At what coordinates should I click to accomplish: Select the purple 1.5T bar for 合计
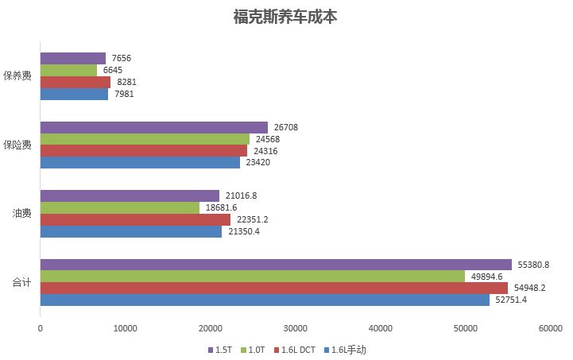(x=276, y=265)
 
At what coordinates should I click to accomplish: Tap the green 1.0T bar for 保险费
(x=145, y=139)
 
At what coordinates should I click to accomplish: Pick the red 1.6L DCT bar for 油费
(x=135, y=219)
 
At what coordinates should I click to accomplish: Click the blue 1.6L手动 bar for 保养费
(x=74, y=94)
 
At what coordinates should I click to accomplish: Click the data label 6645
(x=113, y=70)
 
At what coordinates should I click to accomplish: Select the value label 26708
(x=287, y=127)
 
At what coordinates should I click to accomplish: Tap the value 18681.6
(x=223, y=207)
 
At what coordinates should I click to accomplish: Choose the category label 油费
(x=22, y=213)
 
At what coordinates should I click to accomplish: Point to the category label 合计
(x=22, y=282)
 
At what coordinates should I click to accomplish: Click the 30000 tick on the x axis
(x=296, y=327)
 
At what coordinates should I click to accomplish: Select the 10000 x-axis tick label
(x=126, y=327)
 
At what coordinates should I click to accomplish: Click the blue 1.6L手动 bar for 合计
(x=265, y=300)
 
